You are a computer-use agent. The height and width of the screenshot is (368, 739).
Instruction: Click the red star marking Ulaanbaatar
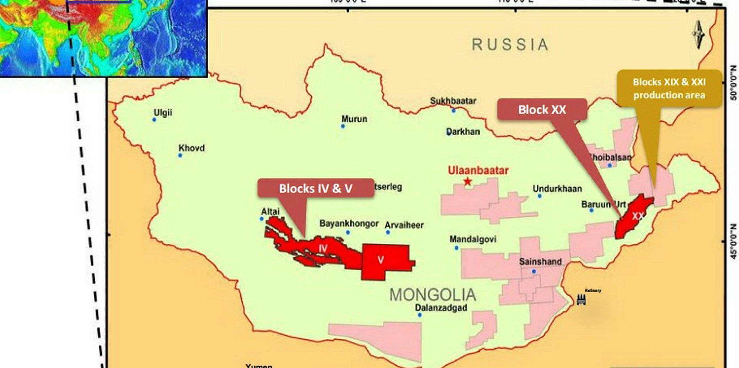point(468,182)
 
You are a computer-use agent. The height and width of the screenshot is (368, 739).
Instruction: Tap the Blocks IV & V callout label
point(316,188)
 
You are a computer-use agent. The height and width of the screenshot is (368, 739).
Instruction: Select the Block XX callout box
point(542,110)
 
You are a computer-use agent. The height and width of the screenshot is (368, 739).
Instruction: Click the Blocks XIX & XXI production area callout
point(669,89)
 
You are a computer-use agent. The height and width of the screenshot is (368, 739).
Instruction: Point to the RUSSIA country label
point(510,45)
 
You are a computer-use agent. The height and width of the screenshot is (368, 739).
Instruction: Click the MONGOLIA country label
point(433,295)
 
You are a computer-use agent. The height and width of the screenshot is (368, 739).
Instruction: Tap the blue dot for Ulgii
point(154,120)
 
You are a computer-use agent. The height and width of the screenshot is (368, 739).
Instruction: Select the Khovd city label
point(192,148)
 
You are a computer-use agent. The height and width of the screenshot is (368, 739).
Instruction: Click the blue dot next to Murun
point(343,126)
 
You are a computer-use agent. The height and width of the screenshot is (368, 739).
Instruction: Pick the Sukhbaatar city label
point(453,101)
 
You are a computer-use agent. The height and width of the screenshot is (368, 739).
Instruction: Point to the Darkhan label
point(463,132)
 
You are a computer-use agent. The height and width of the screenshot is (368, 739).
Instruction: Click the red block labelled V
point(385,260)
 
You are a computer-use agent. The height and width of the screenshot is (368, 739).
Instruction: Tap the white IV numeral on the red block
point(323,248)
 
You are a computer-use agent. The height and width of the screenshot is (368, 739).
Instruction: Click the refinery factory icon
point(581,299)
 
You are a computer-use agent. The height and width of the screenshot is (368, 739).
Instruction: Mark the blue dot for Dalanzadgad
point(420,315)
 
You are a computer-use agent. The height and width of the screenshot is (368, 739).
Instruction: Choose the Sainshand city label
point(540,262)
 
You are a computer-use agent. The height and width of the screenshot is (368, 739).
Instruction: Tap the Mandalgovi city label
point(473,239)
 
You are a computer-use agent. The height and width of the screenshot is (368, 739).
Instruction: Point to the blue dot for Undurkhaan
point(539,196)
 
